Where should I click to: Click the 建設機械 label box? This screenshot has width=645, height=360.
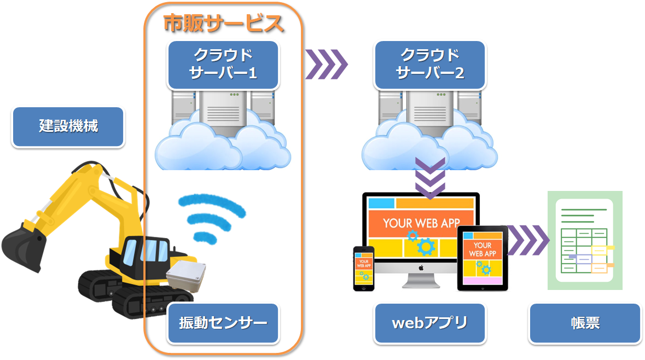pos(68,126)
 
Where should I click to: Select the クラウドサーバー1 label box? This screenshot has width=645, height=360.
pos(223,65)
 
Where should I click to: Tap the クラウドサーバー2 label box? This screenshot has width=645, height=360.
pos(429,65)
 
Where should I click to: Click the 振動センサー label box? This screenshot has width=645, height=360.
pos(223,323)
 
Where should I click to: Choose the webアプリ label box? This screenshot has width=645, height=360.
pos(429,323)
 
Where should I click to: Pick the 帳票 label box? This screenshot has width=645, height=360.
pos(584,323)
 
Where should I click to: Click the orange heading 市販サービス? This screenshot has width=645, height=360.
pos(223,24)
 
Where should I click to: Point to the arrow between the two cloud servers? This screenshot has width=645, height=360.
pos(326,65)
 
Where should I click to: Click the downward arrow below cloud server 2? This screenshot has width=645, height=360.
pos(430,178)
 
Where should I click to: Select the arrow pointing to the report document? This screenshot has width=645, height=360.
pos(528,240)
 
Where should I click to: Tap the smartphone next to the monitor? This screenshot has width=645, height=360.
pos(363,268)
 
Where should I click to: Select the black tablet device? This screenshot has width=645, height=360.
pos(482,258)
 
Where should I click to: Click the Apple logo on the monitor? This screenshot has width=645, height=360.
pos(421,268)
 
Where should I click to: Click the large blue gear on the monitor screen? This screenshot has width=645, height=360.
pos(425,247)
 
